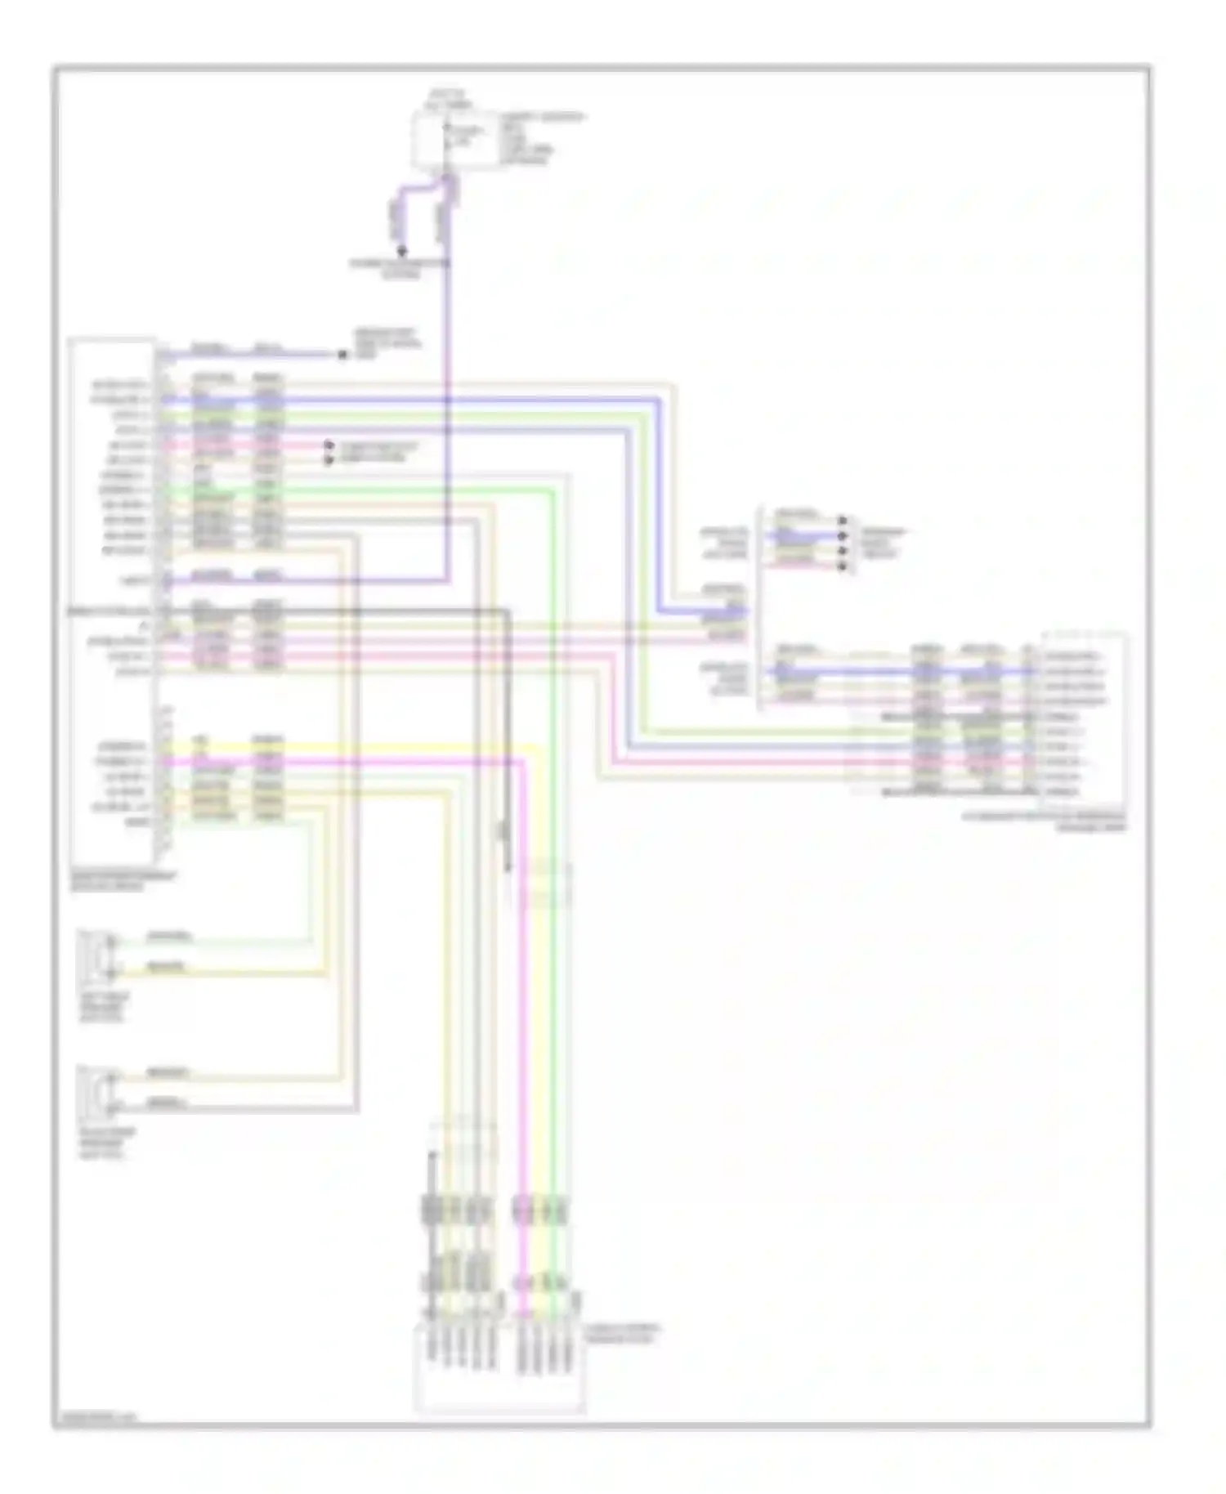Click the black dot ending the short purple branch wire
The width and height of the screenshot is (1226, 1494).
coord(400,252)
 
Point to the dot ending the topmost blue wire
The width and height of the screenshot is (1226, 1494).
coord(341,354)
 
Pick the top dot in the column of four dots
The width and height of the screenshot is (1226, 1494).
coord(843,520)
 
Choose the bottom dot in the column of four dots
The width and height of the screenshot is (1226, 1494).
coord(843,565)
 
